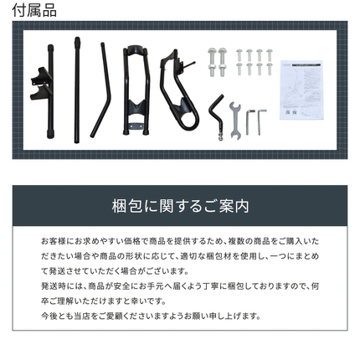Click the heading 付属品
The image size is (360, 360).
point(34,10)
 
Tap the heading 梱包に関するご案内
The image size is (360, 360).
point(180,206)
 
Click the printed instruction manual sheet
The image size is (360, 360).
point(301,90)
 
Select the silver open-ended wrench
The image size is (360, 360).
point(235,121)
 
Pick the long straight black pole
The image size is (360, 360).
point(77,90)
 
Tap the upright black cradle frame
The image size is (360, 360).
point(136,90)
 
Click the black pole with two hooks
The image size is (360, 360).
point(50,91)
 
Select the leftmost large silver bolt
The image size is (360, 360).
point(212,63)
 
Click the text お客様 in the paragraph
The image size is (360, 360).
point(54,241)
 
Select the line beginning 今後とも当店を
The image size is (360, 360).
point(151,316)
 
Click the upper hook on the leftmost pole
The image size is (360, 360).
point(41,74)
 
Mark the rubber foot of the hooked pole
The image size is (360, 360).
point(50,136)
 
